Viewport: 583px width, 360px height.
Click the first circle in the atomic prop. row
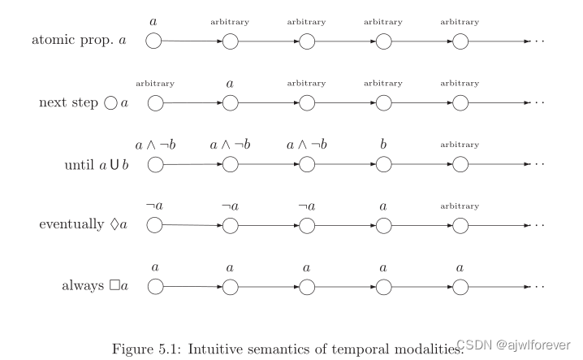[x=154, y=41]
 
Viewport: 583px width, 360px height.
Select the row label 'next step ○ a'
[x=84, y=103]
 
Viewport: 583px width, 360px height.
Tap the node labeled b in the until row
[x=384, y=164]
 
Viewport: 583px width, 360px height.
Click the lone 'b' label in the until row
[x=383, y=145]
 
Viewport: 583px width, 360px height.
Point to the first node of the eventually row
[x=154, y=225]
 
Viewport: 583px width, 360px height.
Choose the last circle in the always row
[x=460, y=286]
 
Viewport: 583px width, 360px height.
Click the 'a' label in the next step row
[x=231, y=83]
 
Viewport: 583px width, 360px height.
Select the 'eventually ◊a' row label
[x=83, y=225]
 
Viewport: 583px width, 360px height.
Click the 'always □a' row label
[x=96, y=286]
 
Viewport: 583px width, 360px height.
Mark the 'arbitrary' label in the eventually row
[x=460, y=206]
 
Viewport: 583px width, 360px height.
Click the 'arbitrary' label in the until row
[x=460, y=145]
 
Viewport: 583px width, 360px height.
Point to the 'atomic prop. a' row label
[x=79, y=41]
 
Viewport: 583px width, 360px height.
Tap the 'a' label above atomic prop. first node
[x=154, y=20]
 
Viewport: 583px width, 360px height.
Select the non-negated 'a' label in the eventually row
[x=383, y=206]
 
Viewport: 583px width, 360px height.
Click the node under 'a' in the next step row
[x=231, y=103]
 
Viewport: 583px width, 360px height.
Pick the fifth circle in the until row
[x=460, y=164]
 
